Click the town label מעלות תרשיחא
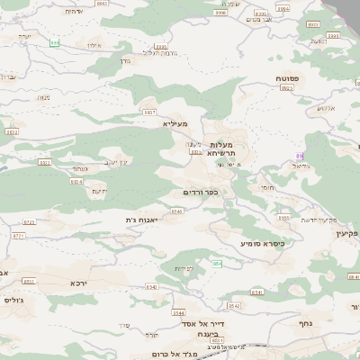pyautogui.click(x=221, y=148)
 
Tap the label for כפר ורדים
pyautogui.click(x=201, y=193)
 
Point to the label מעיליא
pyautogui.click(x=175, y=123)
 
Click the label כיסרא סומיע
pyautogui.click(x=262, y=243)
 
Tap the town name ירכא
pyautogui.click(x=79, y=283)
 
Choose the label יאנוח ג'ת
pyautogui.click(x=143, y=220)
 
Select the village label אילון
pyautogui.click(x=90, y=43)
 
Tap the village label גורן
pyautogui.click(x=126, y=61)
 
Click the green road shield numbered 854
pyautogui.click(x=217, y=263)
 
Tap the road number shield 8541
pyautogui.click(x=257, y=292)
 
